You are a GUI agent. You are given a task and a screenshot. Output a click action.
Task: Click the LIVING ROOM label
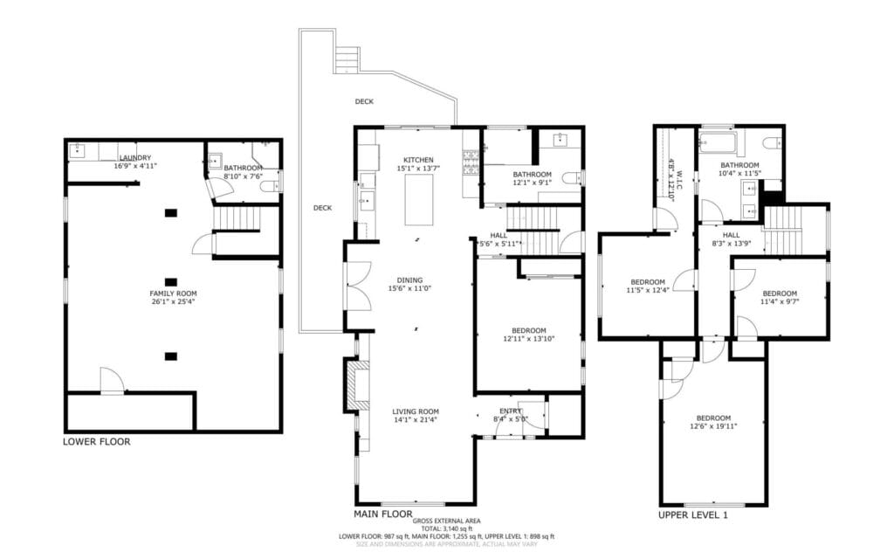click(x=415, y=411)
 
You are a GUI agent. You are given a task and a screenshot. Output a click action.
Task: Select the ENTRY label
click(x=510, y=411)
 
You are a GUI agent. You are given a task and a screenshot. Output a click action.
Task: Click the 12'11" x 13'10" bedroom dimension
click(x=528, y=339)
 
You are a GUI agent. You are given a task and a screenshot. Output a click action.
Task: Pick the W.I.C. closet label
click(x=671, y=179)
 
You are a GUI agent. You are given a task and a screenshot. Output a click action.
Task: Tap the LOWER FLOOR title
click(x=96, y=442)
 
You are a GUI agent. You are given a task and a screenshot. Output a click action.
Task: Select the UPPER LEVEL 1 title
click(x=692, y=515)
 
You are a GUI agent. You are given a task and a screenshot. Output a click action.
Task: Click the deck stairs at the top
click(x=347, y=59)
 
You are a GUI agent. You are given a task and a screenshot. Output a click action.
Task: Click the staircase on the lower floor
click(x=237, y=217)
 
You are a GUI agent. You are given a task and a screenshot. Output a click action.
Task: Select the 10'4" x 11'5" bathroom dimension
click(x=739, y=174)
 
